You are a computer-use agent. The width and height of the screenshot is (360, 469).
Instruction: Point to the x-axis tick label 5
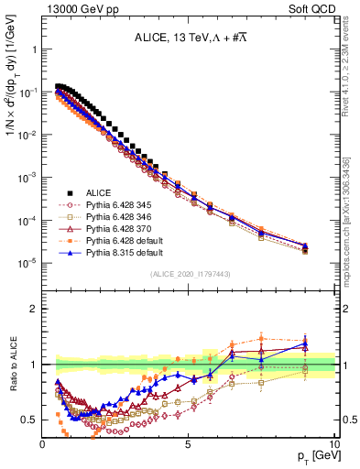pyautogui.click(x=189, y=444)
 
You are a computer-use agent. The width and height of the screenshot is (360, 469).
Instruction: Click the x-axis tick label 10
pyautogui.click(x=333, y=444)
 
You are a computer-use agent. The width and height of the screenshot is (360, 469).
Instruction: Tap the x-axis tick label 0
pyautogui.click(x=43, y=444)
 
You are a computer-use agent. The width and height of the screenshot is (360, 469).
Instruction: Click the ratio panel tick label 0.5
pyautogui.click(x=28, y=420)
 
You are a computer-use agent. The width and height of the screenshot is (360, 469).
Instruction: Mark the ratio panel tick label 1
pyautogui.click(x=32, y=365)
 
